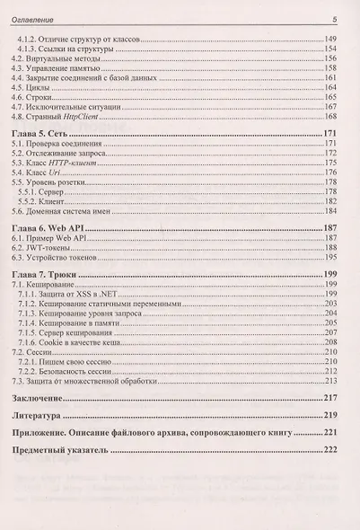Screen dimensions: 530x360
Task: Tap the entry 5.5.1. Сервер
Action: tap(54, 190)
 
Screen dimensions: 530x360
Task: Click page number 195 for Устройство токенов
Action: tap(329, 258)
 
